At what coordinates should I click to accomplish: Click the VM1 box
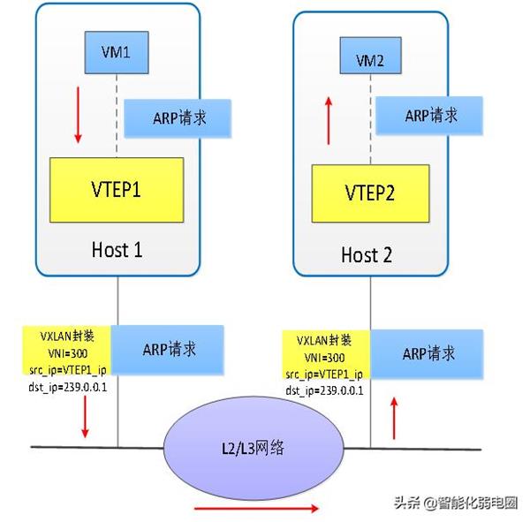[x=117, y=52]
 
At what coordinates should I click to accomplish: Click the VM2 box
[x=370, y=56]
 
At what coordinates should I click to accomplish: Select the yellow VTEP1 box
[x=117, y=190]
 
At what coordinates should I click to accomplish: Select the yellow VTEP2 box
[x=370, y=193]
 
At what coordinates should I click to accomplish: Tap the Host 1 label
[x=117, y=250]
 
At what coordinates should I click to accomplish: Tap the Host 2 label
[x=367, y=255]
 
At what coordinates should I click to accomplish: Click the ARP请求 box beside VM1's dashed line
[x=178, y=118]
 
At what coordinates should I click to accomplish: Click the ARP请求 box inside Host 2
[x=429, y=116]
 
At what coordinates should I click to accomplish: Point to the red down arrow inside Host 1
[x=78, y=115]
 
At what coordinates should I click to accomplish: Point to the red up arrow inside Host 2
[x=329, y=121]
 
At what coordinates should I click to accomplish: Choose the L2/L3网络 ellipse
[x=254, y=448]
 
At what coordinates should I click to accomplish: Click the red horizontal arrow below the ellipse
[x=256, y=508]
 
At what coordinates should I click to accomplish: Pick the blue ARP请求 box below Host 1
[x=167, y=350]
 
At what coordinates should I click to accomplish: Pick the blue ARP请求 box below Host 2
[x=427, y=354]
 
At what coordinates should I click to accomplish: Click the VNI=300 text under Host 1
[x=68, y=353]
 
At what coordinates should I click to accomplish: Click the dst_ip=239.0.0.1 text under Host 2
[x=324, y=390]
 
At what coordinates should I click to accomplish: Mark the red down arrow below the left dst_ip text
[x=85, y=417]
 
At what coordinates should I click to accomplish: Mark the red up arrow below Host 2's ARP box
[x=394, y=419]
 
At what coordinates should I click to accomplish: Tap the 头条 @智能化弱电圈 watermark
[x=456, y=503]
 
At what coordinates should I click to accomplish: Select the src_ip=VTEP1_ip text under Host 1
[x=68, y=370]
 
